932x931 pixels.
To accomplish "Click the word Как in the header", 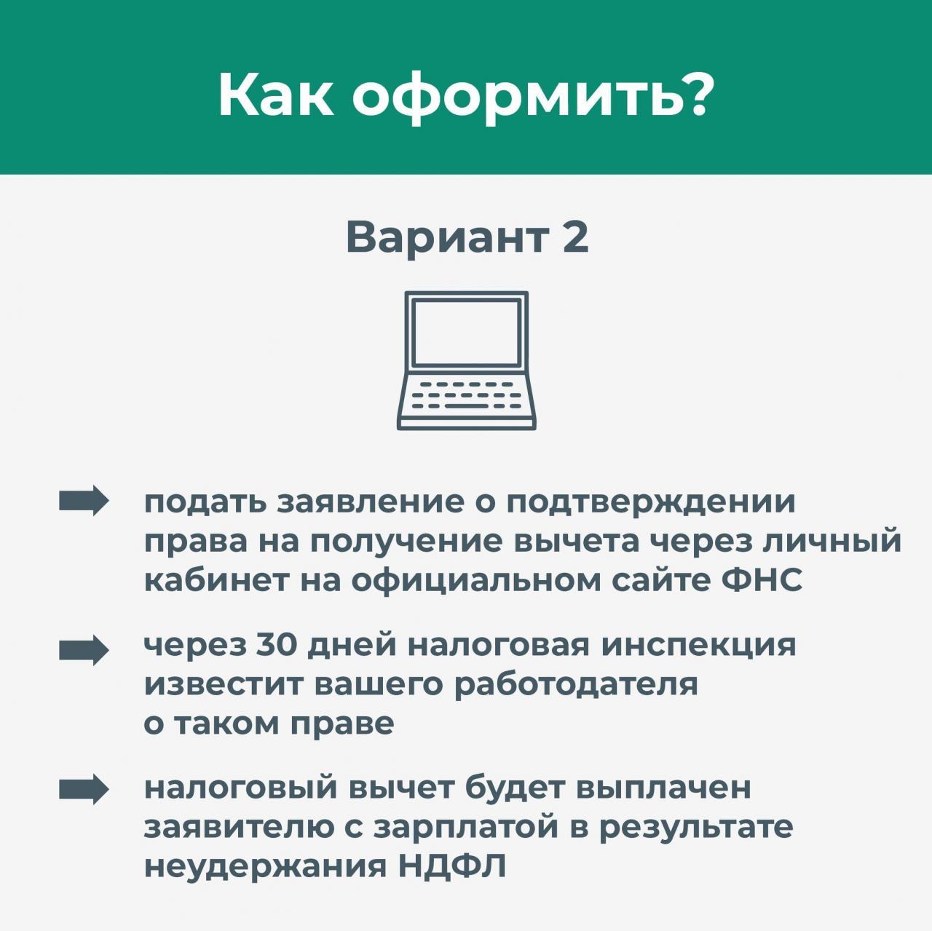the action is click(276, 95).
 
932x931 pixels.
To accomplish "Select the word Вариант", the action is click(448, 239).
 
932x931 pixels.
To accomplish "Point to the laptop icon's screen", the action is click(466, 332).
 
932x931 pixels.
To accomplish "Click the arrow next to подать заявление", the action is click(83, 501).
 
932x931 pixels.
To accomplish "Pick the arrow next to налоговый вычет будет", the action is click(83, 789).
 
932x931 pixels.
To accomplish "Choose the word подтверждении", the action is click(651, 504).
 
